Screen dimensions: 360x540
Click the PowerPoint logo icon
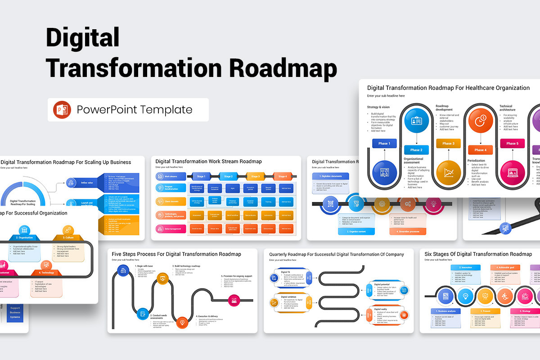point(62,110)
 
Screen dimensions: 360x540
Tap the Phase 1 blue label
point(384,144)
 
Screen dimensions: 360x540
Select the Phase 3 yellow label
point(448,144)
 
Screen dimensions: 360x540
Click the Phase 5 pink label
point(512,144)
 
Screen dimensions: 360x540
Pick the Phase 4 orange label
point(480,150)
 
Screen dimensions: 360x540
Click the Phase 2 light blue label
point(416,150)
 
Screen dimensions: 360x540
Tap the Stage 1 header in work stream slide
point(201,176)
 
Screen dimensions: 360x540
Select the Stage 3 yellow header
point(255,176)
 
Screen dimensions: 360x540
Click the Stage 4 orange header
point(283,176)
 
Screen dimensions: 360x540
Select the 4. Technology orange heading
point(46,273)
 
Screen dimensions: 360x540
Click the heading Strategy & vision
point(378,107)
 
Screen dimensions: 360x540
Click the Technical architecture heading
point(507,108)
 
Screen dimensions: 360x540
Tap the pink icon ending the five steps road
point(234,299)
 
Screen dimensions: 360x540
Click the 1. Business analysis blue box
point(445,311)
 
